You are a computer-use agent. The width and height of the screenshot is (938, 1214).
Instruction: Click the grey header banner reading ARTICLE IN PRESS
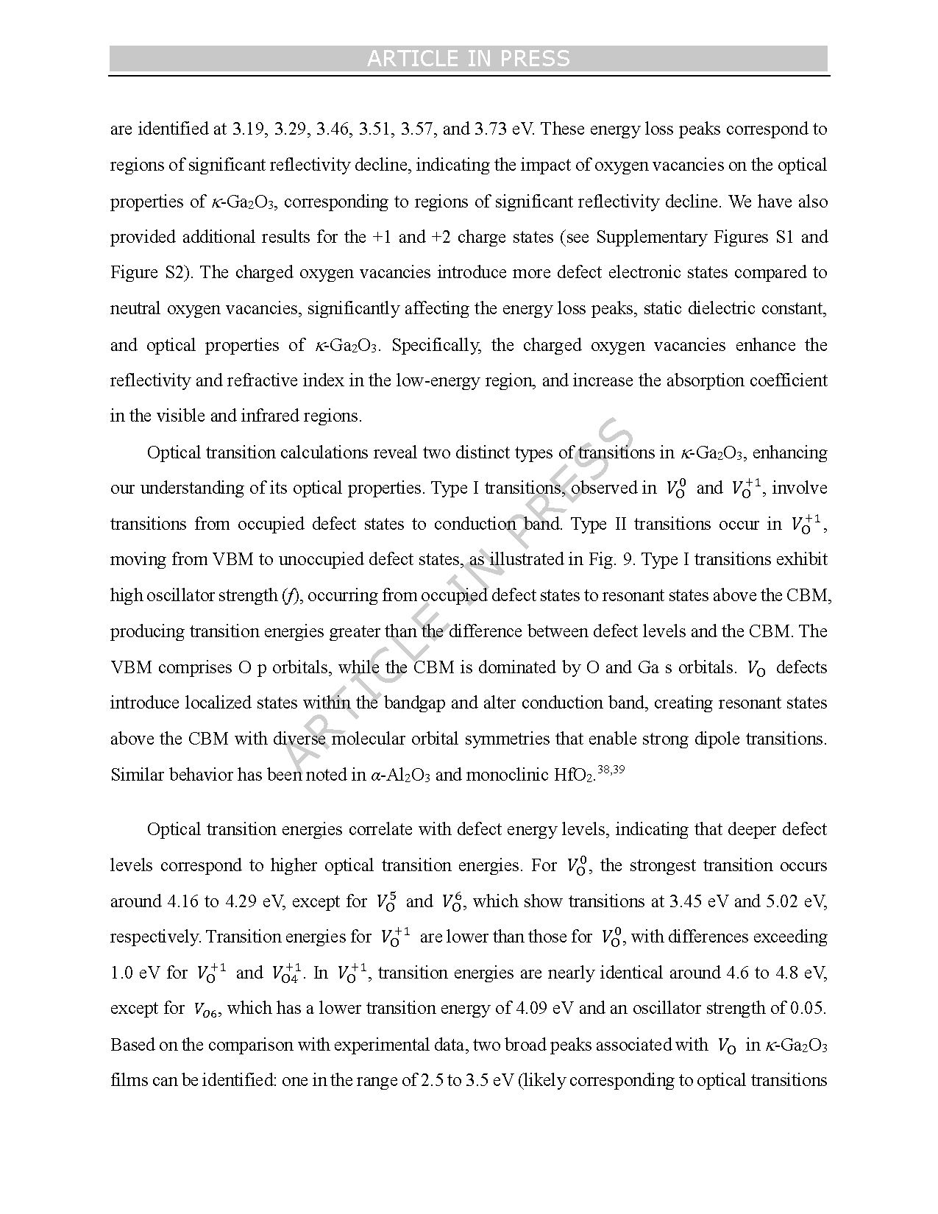coord(469,59)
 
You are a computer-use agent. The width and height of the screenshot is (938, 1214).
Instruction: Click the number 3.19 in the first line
coord(247,129)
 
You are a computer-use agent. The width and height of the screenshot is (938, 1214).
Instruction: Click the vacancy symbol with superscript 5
coord(386,902)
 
